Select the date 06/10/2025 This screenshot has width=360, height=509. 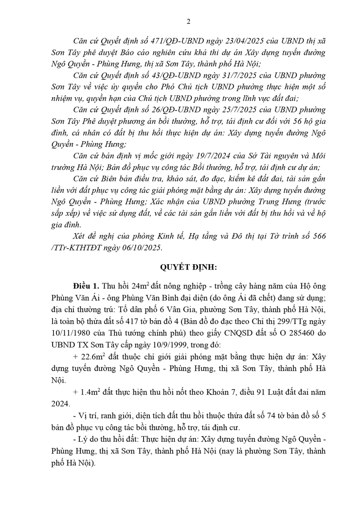pyautogui.click(x=143, y=247)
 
